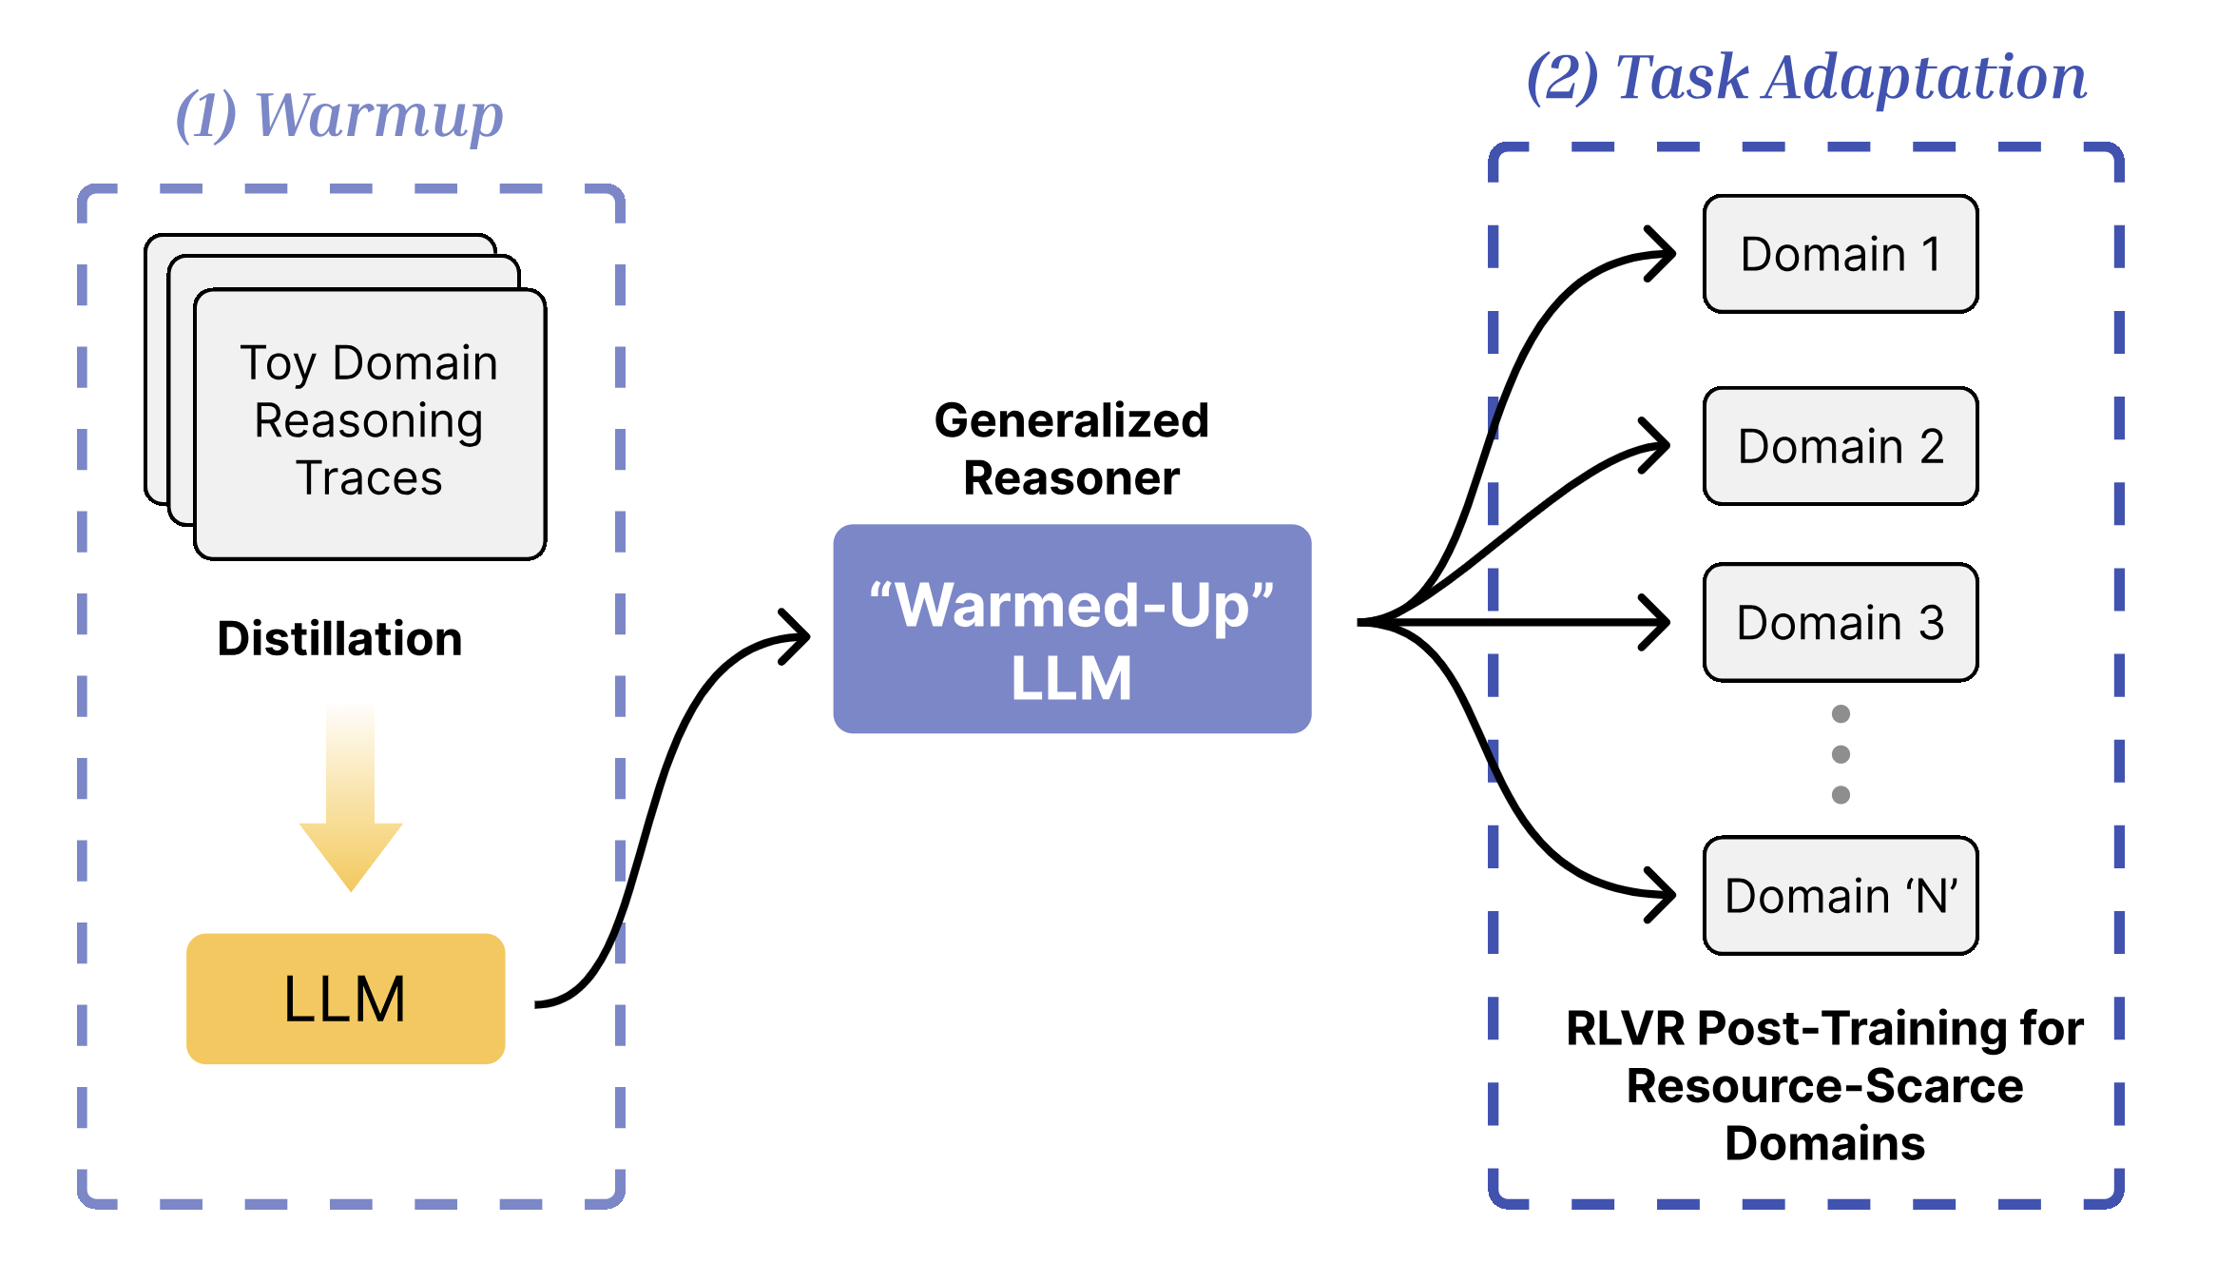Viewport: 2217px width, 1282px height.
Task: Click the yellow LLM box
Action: (345, 999)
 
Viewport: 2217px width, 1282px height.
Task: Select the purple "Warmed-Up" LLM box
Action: (1071, 629)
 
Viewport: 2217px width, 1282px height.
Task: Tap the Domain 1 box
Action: (1840, 254)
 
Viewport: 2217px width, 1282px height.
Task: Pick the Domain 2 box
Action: (1840, 446)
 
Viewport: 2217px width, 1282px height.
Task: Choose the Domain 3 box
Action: (1840, 623)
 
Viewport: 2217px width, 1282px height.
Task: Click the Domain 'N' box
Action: (1840, 896)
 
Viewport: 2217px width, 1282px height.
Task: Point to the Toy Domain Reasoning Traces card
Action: (369, 422)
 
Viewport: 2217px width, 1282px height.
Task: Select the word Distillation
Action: (339, 638)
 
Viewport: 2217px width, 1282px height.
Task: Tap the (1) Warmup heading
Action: (339, 115)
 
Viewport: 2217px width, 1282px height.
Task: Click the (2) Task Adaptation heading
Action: (1806, 77)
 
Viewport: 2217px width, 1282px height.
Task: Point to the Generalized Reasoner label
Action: (1071, 449)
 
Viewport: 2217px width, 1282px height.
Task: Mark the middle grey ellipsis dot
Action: (1841, 754)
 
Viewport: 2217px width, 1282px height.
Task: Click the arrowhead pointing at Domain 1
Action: (1664, 254)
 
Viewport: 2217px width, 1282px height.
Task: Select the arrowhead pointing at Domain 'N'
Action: (1664, 895)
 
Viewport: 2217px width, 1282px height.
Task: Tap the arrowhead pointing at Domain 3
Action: (1659, 623)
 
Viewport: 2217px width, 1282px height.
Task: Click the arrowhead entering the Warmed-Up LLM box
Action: (799, 636)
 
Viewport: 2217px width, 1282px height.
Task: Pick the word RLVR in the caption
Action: (1627, 1029)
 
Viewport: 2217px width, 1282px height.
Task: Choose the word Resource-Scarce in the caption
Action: (1824, 1086)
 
